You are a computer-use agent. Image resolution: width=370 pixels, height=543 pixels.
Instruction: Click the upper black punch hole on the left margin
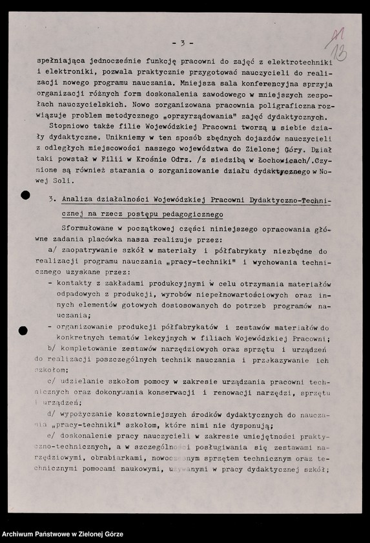point(24,195)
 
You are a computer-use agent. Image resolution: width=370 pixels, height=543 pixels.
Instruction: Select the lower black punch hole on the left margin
point(23,330)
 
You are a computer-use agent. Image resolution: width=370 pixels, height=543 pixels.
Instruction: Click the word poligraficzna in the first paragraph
point(265,105)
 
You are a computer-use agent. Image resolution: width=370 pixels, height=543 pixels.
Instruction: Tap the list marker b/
point(54,350)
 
